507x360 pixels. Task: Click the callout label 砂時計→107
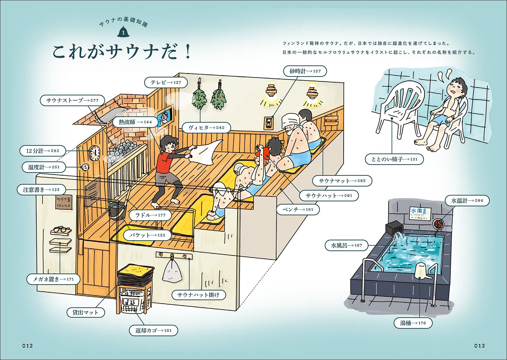pyautogui.click(x=305, y=71)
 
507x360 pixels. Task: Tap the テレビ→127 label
pyautogui.click(x=166, y=82)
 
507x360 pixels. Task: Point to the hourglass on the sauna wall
pyautogui.click(x=269, y=122)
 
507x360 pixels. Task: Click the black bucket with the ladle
pyautogui.click(x=117, y=210)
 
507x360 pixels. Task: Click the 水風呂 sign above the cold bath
pyautogui.click(x=419, y=212)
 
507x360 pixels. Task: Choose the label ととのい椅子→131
pyautogui.click(x=394, y=159)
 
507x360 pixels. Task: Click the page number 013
pyautogui.click(x=479, y=346)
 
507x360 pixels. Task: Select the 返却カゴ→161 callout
pyautogui.click(x=154, y=330)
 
